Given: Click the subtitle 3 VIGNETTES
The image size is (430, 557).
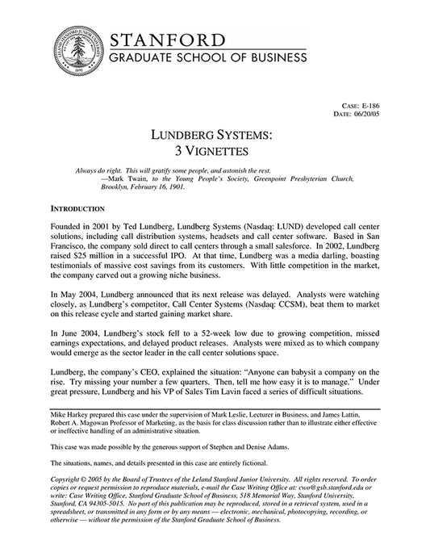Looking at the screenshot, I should (x=215, y=151).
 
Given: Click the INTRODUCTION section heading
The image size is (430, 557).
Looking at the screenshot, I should (x=81, y=207).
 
